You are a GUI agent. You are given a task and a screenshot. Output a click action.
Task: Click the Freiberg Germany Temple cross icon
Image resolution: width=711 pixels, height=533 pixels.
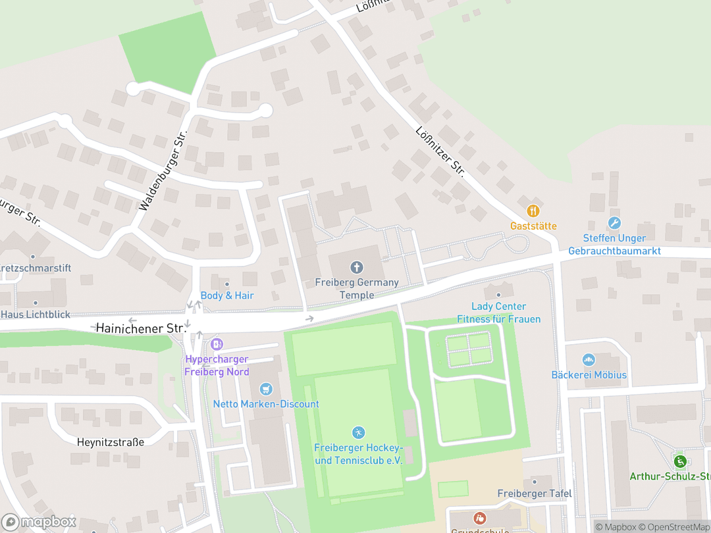(356, 267)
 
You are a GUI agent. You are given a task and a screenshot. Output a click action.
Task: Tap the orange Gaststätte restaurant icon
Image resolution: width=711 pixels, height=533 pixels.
(533, 211)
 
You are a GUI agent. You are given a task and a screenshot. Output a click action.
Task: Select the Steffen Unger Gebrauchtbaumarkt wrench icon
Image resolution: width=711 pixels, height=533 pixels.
(614, 223)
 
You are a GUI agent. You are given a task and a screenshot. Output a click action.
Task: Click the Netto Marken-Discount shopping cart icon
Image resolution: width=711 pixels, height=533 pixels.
(266, 389)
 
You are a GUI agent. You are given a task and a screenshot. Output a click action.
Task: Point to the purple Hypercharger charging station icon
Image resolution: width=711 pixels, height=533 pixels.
(217, 343)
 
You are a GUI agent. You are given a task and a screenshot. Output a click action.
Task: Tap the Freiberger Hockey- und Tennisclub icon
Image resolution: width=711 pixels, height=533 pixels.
(358, 432)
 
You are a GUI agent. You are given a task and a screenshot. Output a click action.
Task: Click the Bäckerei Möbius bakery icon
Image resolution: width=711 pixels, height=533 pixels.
(589, 360)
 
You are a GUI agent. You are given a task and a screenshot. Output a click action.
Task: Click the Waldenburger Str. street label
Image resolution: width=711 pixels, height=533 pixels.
(163, 170)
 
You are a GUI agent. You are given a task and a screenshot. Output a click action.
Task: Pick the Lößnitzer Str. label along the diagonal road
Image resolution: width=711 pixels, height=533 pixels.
(440, 152)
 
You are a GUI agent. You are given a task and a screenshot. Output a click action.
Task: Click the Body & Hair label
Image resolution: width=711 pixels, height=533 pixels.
(227, 295)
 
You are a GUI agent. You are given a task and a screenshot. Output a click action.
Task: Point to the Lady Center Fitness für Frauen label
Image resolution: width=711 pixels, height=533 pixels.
(499, 313)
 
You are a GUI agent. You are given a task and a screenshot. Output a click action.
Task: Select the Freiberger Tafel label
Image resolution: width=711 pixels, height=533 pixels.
(534, 494)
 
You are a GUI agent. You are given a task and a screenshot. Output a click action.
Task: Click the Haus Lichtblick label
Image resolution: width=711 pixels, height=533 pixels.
(36, 315)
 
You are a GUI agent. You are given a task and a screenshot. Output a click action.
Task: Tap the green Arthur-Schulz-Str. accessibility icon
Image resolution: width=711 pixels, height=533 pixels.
(680, 461)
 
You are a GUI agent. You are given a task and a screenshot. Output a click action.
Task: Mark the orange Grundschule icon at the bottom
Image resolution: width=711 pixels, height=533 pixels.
(479, 519)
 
